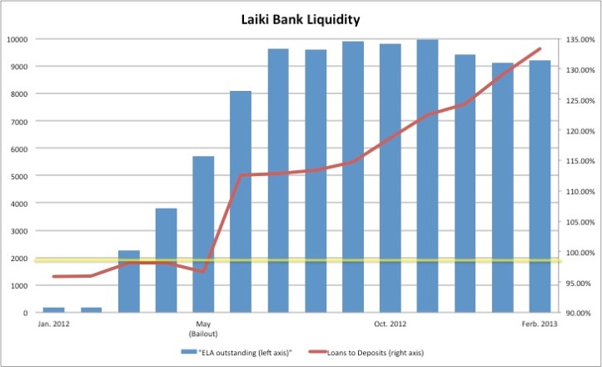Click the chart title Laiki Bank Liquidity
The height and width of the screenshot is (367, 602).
coord(301,16)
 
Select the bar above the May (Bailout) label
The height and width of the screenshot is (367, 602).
coord(203,234)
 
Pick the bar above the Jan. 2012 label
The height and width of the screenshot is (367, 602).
coord(53,309)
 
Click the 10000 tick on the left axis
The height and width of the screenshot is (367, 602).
coord(17,39)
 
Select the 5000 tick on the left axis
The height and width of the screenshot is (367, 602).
coord(19,176)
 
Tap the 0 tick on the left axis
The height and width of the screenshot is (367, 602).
coord(26,313)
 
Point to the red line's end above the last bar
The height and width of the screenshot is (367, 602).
coord(540,48)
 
